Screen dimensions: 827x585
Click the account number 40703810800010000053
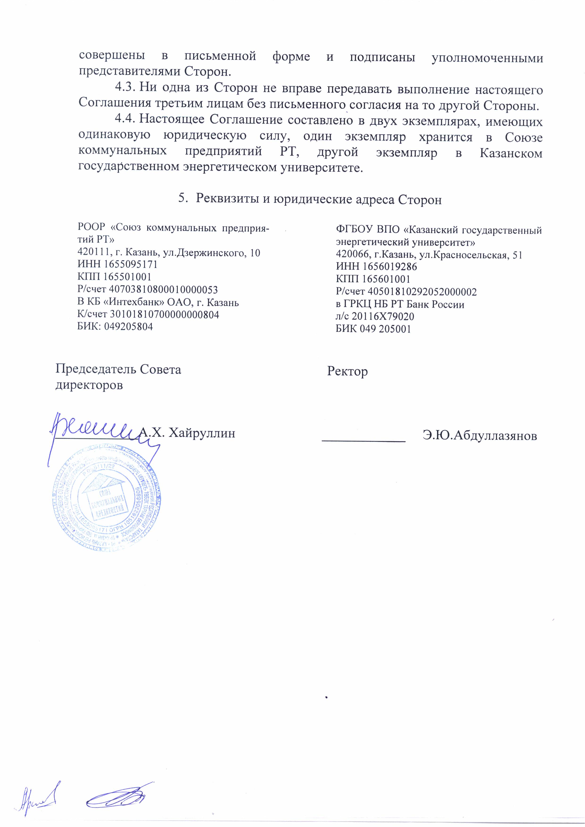[x=163, y=289]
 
